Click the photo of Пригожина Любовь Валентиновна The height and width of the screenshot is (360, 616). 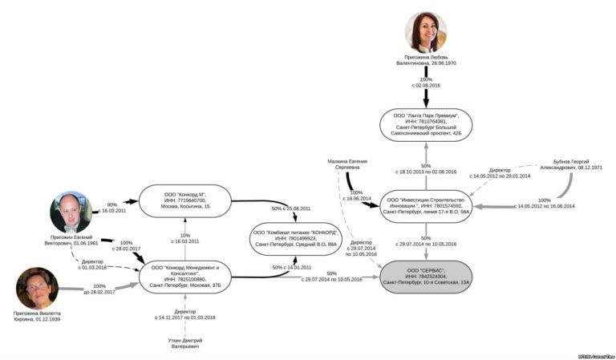[425, 33]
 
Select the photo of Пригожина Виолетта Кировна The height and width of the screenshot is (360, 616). [37, 287]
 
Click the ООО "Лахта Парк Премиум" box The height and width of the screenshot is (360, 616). [425, 125]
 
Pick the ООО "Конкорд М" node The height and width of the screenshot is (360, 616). [184, 200]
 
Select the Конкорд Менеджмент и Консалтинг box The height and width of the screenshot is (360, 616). [185, 275]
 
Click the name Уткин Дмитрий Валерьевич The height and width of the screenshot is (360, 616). [185, 343]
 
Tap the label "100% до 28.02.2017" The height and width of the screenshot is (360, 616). [99, 289]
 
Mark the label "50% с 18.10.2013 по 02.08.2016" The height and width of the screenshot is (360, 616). [425, 168]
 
